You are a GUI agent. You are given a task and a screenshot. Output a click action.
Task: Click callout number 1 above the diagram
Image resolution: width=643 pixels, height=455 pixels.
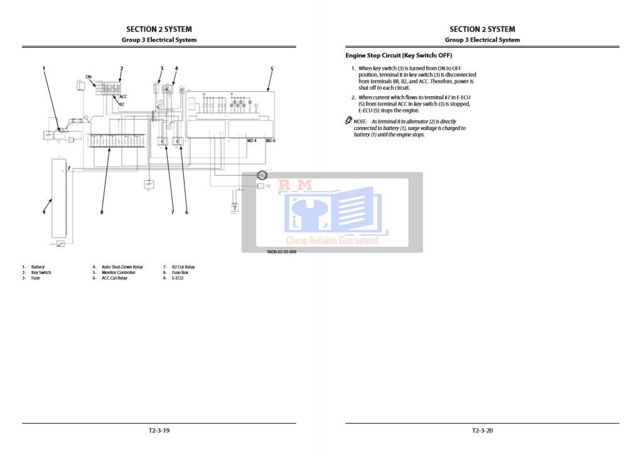pos(44,68)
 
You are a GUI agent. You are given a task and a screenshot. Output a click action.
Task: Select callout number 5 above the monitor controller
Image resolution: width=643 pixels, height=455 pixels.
pos(272,68)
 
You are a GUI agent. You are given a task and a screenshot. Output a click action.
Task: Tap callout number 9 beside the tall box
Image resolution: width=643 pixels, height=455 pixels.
pos(44,212)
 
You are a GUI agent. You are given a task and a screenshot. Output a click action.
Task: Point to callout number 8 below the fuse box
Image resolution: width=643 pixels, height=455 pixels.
pos(101,212)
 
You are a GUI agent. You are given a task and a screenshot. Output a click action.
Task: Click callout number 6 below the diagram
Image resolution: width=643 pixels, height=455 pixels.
pos(186,212)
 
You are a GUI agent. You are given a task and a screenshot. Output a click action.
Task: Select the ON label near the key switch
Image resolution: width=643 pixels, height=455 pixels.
pos(89,77)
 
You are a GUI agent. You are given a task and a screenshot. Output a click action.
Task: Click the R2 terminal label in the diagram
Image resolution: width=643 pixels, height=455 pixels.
pos(122,104)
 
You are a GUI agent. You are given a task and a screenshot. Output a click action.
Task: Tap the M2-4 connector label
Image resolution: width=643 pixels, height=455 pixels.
pos(252,141)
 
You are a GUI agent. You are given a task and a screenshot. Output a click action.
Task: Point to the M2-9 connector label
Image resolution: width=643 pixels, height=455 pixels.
pos(271,141)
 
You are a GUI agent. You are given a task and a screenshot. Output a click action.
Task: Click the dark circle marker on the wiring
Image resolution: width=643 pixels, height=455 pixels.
pos(262,175)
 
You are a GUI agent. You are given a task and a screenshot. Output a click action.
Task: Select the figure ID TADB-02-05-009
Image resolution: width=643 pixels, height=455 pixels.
pos(281,251)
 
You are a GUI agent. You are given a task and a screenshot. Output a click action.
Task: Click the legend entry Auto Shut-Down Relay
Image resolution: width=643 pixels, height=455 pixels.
pos(122,267)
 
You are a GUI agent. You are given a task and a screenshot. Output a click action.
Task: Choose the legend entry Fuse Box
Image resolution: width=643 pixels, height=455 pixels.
pos(180,273)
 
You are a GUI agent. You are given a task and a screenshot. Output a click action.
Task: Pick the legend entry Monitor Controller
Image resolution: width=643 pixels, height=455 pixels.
pos(118,273)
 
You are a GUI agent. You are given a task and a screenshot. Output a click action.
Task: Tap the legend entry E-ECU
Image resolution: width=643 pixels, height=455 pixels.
pos(176,278)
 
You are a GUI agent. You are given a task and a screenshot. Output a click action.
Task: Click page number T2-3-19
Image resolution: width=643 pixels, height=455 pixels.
pos(159,431)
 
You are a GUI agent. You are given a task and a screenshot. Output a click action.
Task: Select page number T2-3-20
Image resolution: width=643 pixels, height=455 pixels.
pos(482,431)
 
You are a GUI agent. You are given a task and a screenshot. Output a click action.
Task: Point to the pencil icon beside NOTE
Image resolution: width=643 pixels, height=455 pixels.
pos(349,121)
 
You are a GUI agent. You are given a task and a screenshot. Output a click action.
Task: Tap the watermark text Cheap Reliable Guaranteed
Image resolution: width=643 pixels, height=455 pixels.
pos(332,241)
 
